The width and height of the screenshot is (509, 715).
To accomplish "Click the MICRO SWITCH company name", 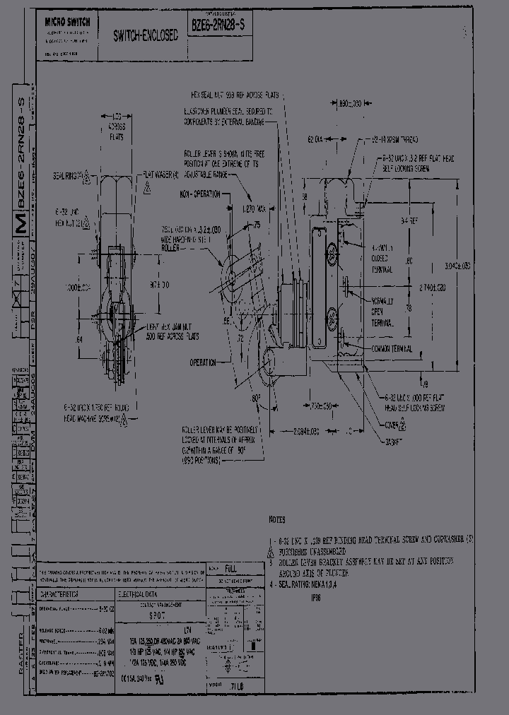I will (67, 23).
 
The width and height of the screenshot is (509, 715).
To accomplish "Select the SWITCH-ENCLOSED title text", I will (145, 35).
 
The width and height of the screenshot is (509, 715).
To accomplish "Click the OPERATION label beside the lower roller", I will (202, 362).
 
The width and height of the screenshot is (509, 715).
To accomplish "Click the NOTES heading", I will (277, 519).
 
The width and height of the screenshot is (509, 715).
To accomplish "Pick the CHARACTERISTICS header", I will (64, 574).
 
